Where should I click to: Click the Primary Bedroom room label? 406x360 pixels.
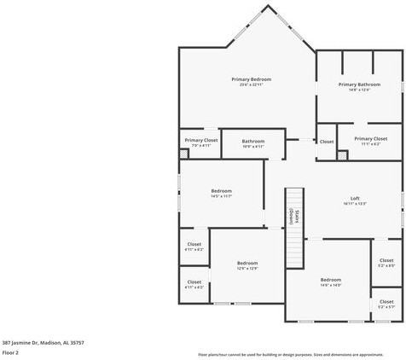(251, 79)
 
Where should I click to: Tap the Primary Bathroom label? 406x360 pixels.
(359, 84)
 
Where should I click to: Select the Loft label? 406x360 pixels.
(355, 198)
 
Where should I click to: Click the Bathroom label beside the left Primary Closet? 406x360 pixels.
(252, 141)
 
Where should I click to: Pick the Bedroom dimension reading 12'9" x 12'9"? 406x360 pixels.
(247, 269)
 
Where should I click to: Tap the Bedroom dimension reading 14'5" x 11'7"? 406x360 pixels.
(221, 196)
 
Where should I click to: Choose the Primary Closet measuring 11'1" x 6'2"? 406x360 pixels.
(370, 144)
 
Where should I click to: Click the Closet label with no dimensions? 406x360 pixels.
(327, 142)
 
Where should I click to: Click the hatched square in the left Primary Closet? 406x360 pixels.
(183, 154)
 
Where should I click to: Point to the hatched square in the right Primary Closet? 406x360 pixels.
(343, 155)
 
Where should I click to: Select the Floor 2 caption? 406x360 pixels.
(10, 351)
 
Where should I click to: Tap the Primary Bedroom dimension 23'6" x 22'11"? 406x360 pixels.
(251, 85)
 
